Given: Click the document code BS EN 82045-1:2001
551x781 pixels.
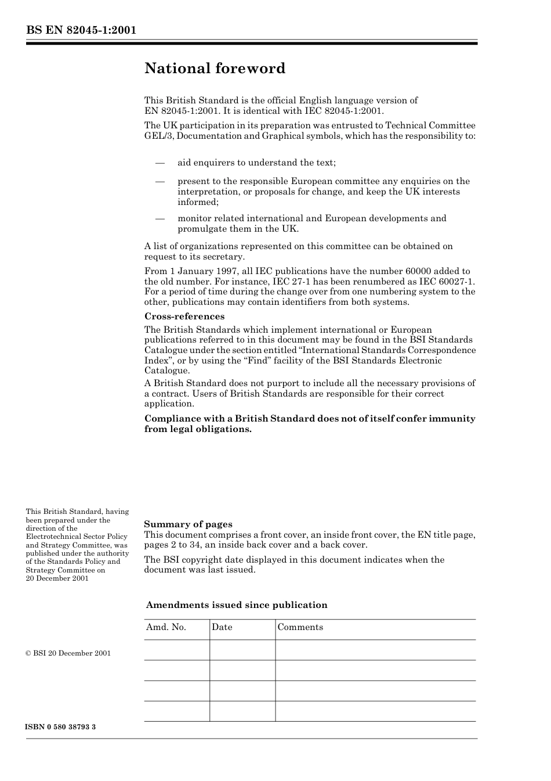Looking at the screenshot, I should (81, 30).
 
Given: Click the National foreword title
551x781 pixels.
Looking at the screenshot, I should (215, 69).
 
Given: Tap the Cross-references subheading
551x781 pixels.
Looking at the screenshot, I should (184, 316).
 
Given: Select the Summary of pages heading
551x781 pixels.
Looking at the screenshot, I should (188, 524).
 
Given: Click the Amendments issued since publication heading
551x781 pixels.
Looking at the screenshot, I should (237, 605).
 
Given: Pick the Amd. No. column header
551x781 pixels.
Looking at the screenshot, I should (166, 627).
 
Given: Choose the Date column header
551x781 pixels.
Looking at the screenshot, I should (222, 627).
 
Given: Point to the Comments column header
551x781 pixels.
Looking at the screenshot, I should (300, 627).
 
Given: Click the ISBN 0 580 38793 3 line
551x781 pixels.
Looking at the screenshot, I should (61, 727).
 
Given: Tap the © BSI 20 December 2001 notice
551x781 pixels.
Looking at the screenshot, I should (68, 653).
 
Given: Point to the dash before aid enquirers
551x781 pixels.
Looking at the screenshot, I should (160, 163).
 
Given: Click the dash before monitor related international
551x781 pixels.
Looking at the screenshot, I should (160, 218).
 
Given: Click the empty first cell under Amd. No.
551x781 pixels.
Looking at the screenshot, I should (176, 650).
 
